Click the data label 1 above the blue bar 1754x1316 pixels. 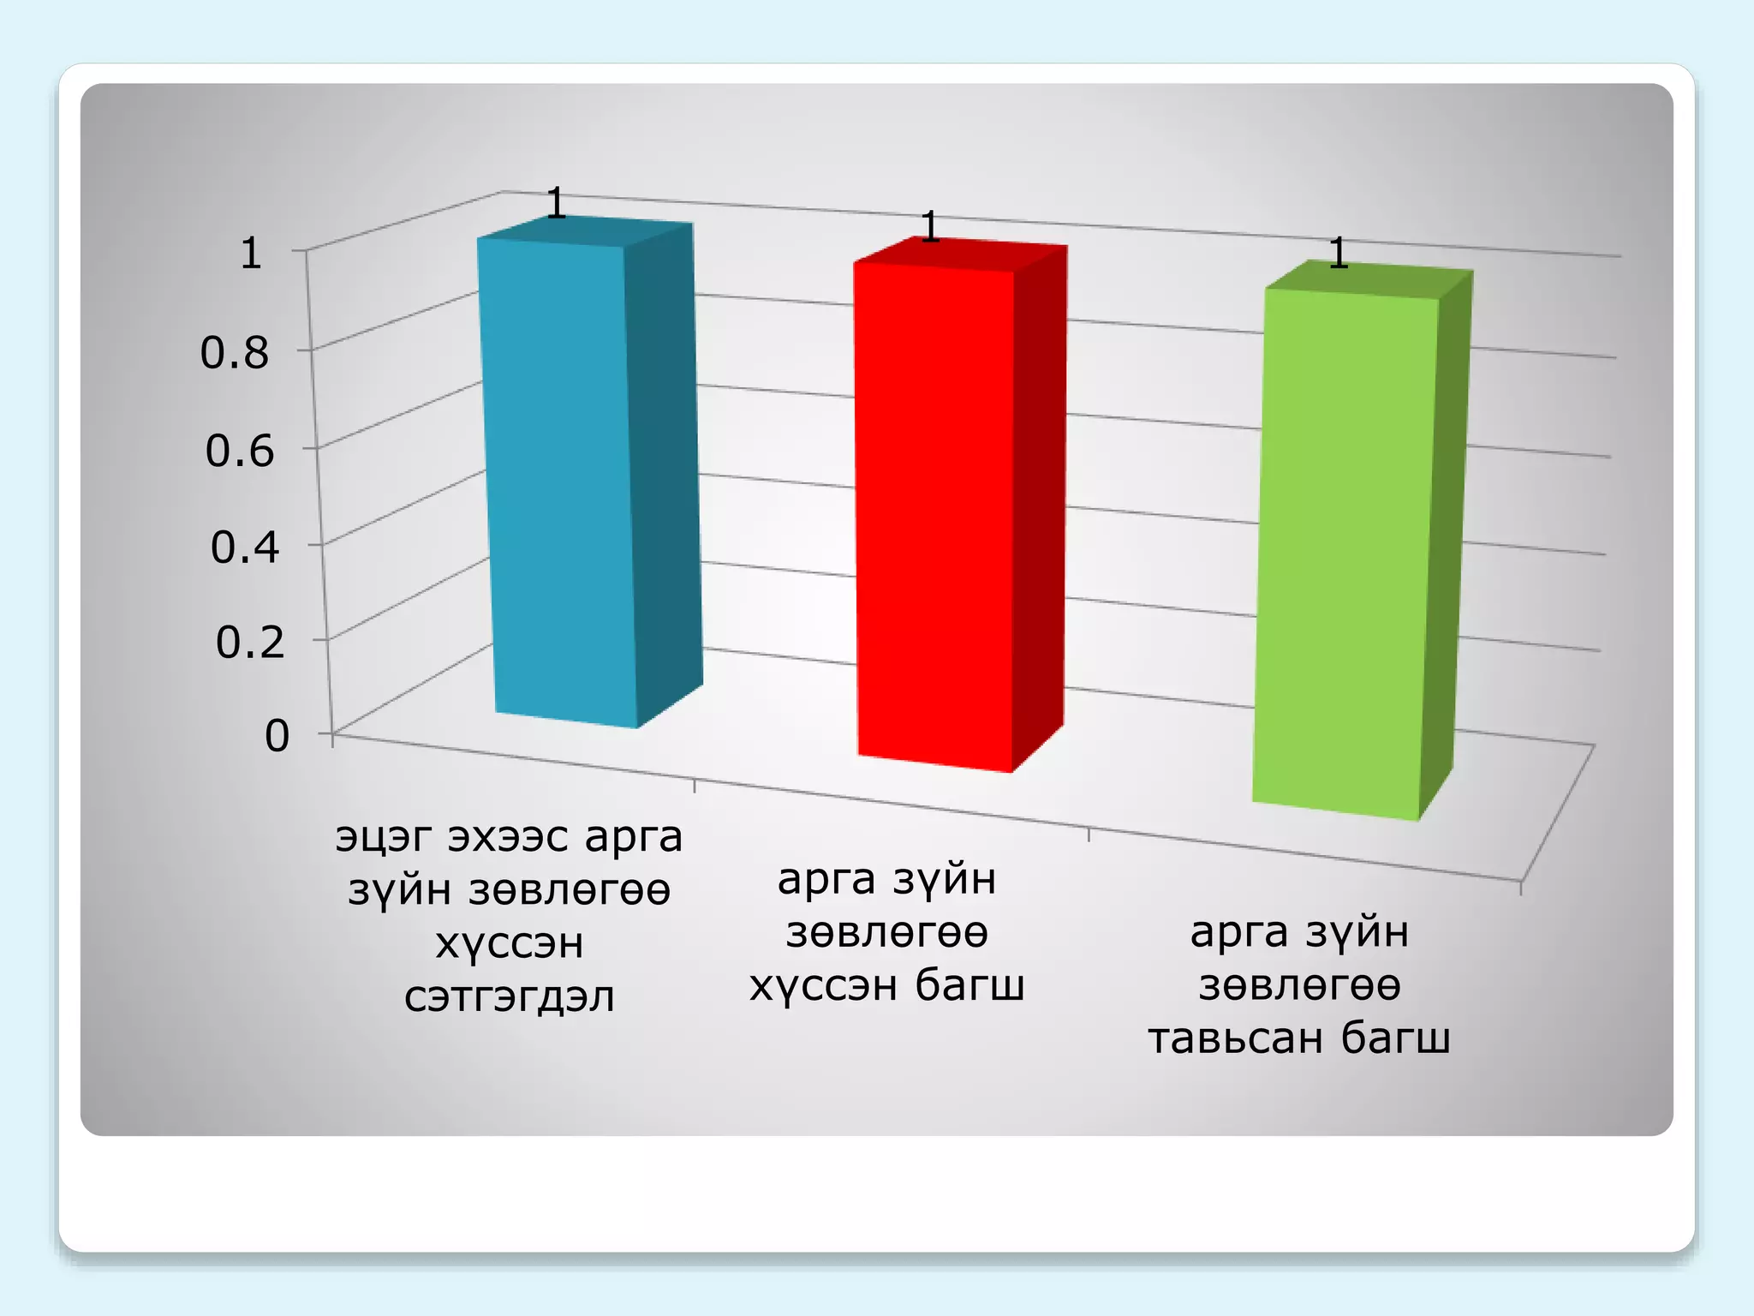pyautogui.click(x=556, y=203)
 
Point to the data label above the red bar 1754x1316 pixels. pyautogui.click(x=930, y=227)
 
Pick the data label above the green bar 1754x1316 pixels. pyautogui.click(x=1339, y=254)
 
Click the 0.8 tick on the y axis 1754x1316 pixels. pyautogui.click(x=234, y=353)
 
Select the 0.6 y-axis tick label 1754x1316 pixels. pyautogui.click(x=239, y=451)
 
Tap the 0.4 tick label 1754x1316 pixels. pyautogui.click(x=244, y=547)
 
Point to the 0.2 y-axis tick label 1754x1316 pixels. pyautogui.click(x=249, y=642)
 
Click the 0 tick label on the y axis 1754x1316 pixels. pyautogui.click(x=277, y=736)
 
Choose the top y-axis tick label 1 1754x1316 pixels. pyautogui.click(x=250, y=254)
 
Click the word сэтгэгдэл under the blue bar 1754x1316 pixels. pyautogui.click(x=509, y=997)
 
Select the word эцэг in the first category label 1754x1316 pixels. pyautogui.click(x=384, y=837)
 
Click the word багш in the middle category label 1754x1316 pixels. pyautogui.click(x=969, y=985)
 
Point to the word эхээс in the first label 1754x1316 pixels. pyautogui.click(x=508, y=837)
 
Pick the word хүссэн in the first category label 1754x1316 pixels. pyautogui.click(x=510, y=944)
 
